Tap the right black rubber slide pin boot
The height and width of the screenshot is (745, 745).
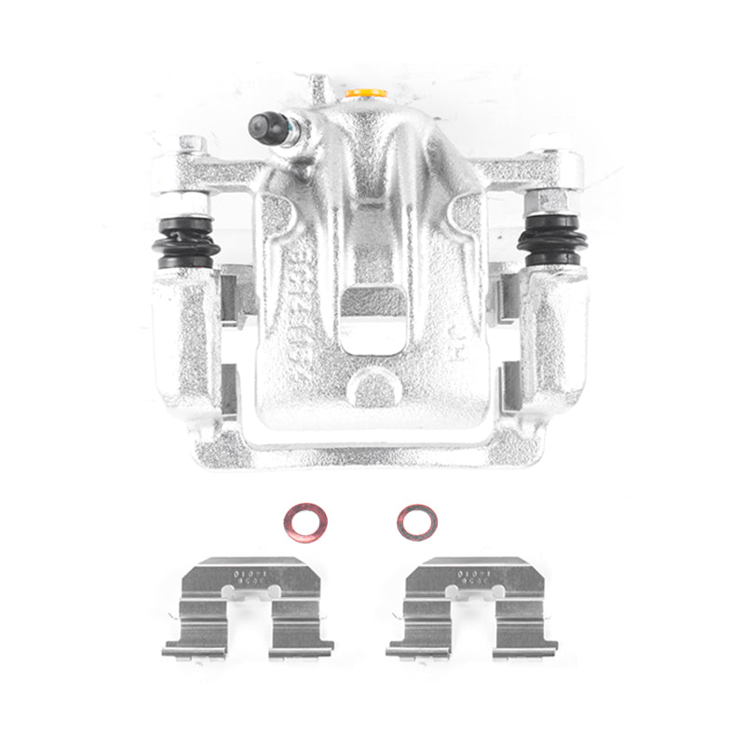[x=549, y=239]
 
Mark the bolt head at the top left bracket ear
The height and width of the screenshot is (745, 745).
[x=192, y=144]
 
